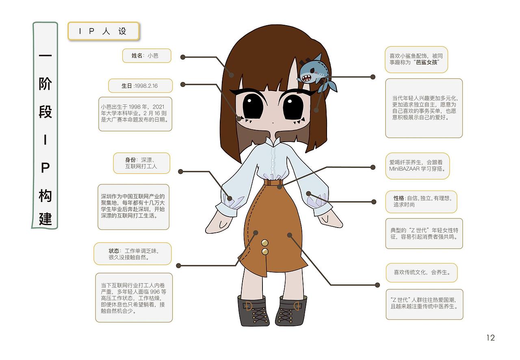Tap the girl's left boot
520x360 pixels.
click(x=291, y=311)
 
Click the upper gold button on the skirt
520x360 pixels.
click(x=264, y=243)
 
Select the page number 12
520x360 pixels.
click(x=490, y=338)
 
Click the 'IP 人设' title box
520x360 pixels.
click(x=104, y=31)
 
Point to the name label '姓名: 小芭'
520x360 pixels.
click(x=147, y=56)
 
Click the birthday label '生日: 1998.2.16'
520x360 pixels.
click(x=141, y=86)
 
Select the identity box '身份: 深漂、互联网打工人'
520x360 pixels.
click(x=142, y=163)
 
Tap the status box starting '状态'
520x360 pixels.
click(x=132, y=254)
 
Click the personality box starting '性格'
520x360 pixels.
click(x=421, y=202)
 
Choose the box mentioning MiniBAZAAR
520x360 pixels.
click(x=417, y=166)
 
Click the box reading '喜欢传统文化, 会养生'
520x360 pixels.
click(x=422, y=273)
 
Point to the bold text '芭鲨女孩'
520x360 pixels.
click(x=427, y=62)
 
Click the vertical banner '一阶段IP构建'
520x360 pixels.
click(x=45, y=126)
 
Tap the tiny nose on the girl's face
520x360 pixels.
click(x=273, y=123)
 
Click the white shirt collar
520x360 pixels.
click(x=273, y=142)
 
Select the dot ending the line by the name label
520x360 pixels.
click(x=183, y=57)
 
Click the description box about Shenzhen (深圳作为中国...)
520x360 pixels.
click(x=134, y=207)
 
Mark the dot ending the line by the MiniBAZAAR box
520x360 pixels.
click(x=373, y=167)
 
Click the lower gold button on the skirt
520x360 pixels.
click(x=265, y=252)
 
